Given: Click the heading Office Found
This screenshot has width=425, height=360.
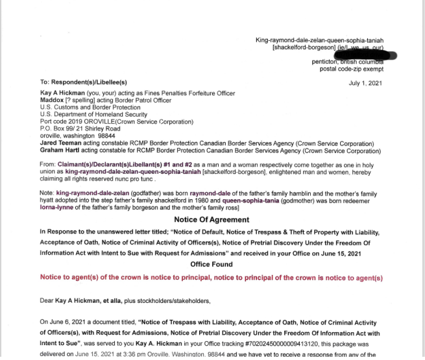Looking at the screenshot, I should pyautogui.click(x=211, y=264).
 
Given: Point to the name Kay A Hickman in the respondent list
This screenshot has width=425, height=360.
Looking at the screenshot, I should pyautogui.click(x=63, y=93).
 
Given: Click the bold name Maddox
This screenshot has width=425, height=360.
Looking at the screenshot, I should pyautogui.click(x=53, y=100).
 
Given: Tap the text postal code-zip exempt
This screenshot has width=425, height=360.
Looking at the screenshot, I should pyautogui.click(x=351, y=69).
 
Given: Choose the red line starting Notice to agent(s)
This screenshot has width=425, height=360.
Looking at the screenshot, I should pyautogui.click(x=211, y=278).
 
